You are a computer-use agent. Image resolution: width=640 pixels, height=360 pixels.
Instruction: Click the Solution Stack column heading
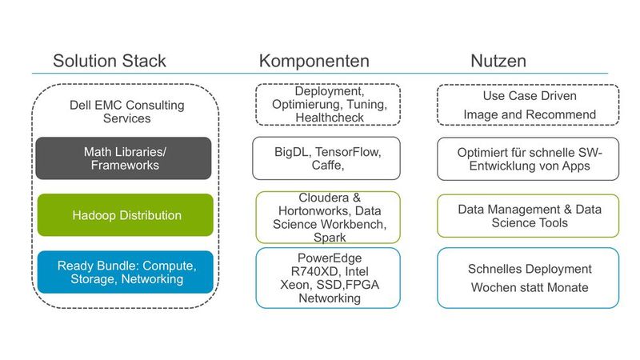[x=110, y=61]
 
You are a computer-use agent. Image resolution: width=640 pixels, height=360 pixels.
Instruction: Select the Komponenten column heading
[x=314, y=61]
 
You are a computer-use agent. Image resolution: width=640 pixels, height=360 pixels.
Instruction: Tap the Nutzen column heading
[x=498, y=61]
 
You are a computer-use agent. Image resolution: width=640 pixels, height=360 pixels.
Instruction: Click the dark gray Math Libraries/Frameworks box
[x=124, y=158]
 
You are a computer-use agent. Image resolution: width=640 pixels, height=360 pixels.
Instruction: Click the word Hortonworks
[x=307, y=211]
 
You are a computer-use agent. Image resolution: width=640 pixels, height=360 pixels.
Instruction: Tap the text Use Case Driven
[x=530, y=96]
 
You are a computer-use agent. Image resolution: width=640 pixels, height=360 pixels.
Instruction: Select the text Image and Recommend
[x=530, y=114]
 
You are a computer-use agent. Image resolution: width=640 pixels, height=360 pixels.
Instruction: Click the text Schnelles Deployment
[x=530, y=269]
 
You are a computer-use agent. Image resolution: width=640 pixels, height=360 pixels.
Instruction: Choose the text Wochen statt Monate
[x=530, y=287]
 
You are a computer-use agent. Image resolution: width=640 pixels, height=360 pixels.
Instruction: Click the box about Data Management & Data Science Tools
[x=528, y=216]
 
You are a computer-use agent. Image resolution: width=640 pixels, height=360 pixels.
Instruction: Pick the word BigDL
[x=289, y=151]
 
